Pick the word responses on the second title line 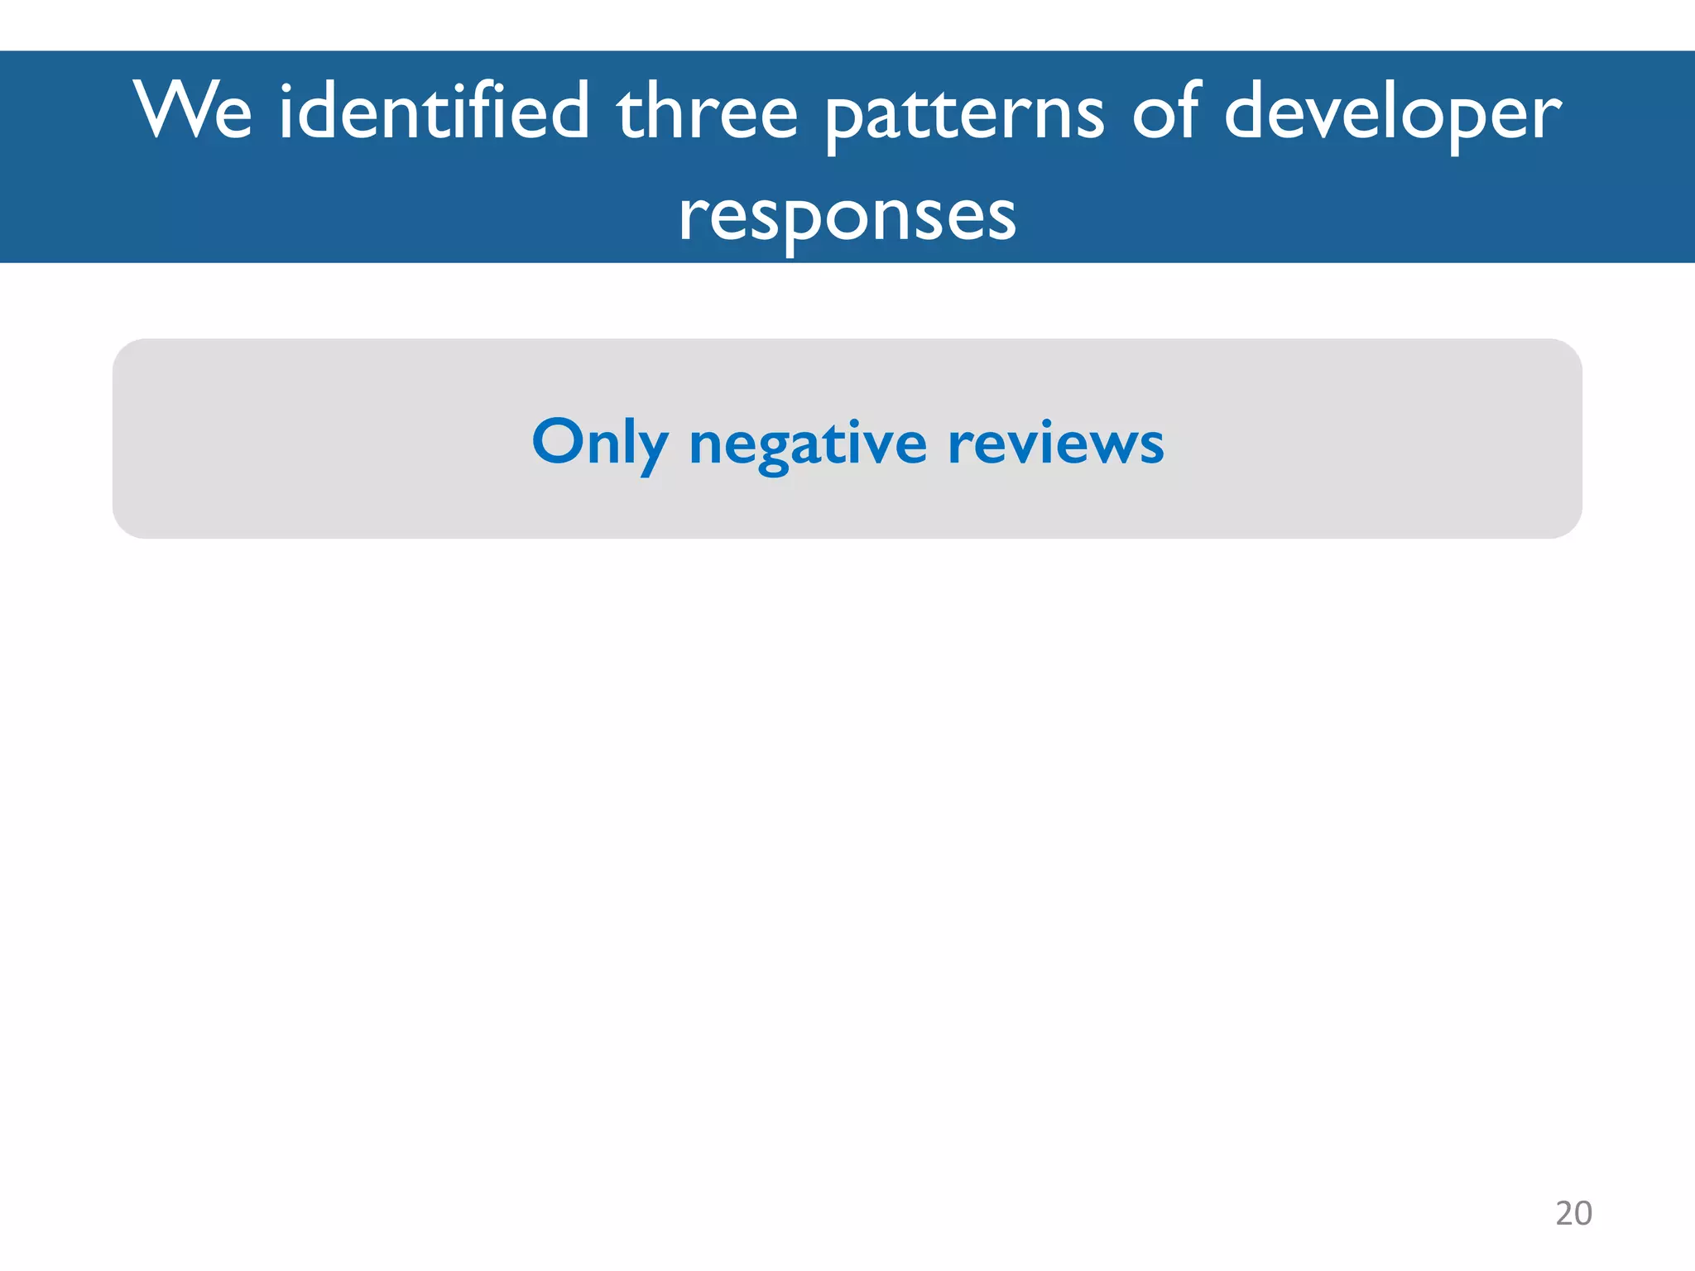click(847, 217)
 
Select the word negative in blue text click(808, 445)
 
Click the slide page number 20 click(1573, 1213)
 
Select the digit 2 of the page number click(1564, 1213)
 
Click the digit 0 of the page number click(1583, 1213)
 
